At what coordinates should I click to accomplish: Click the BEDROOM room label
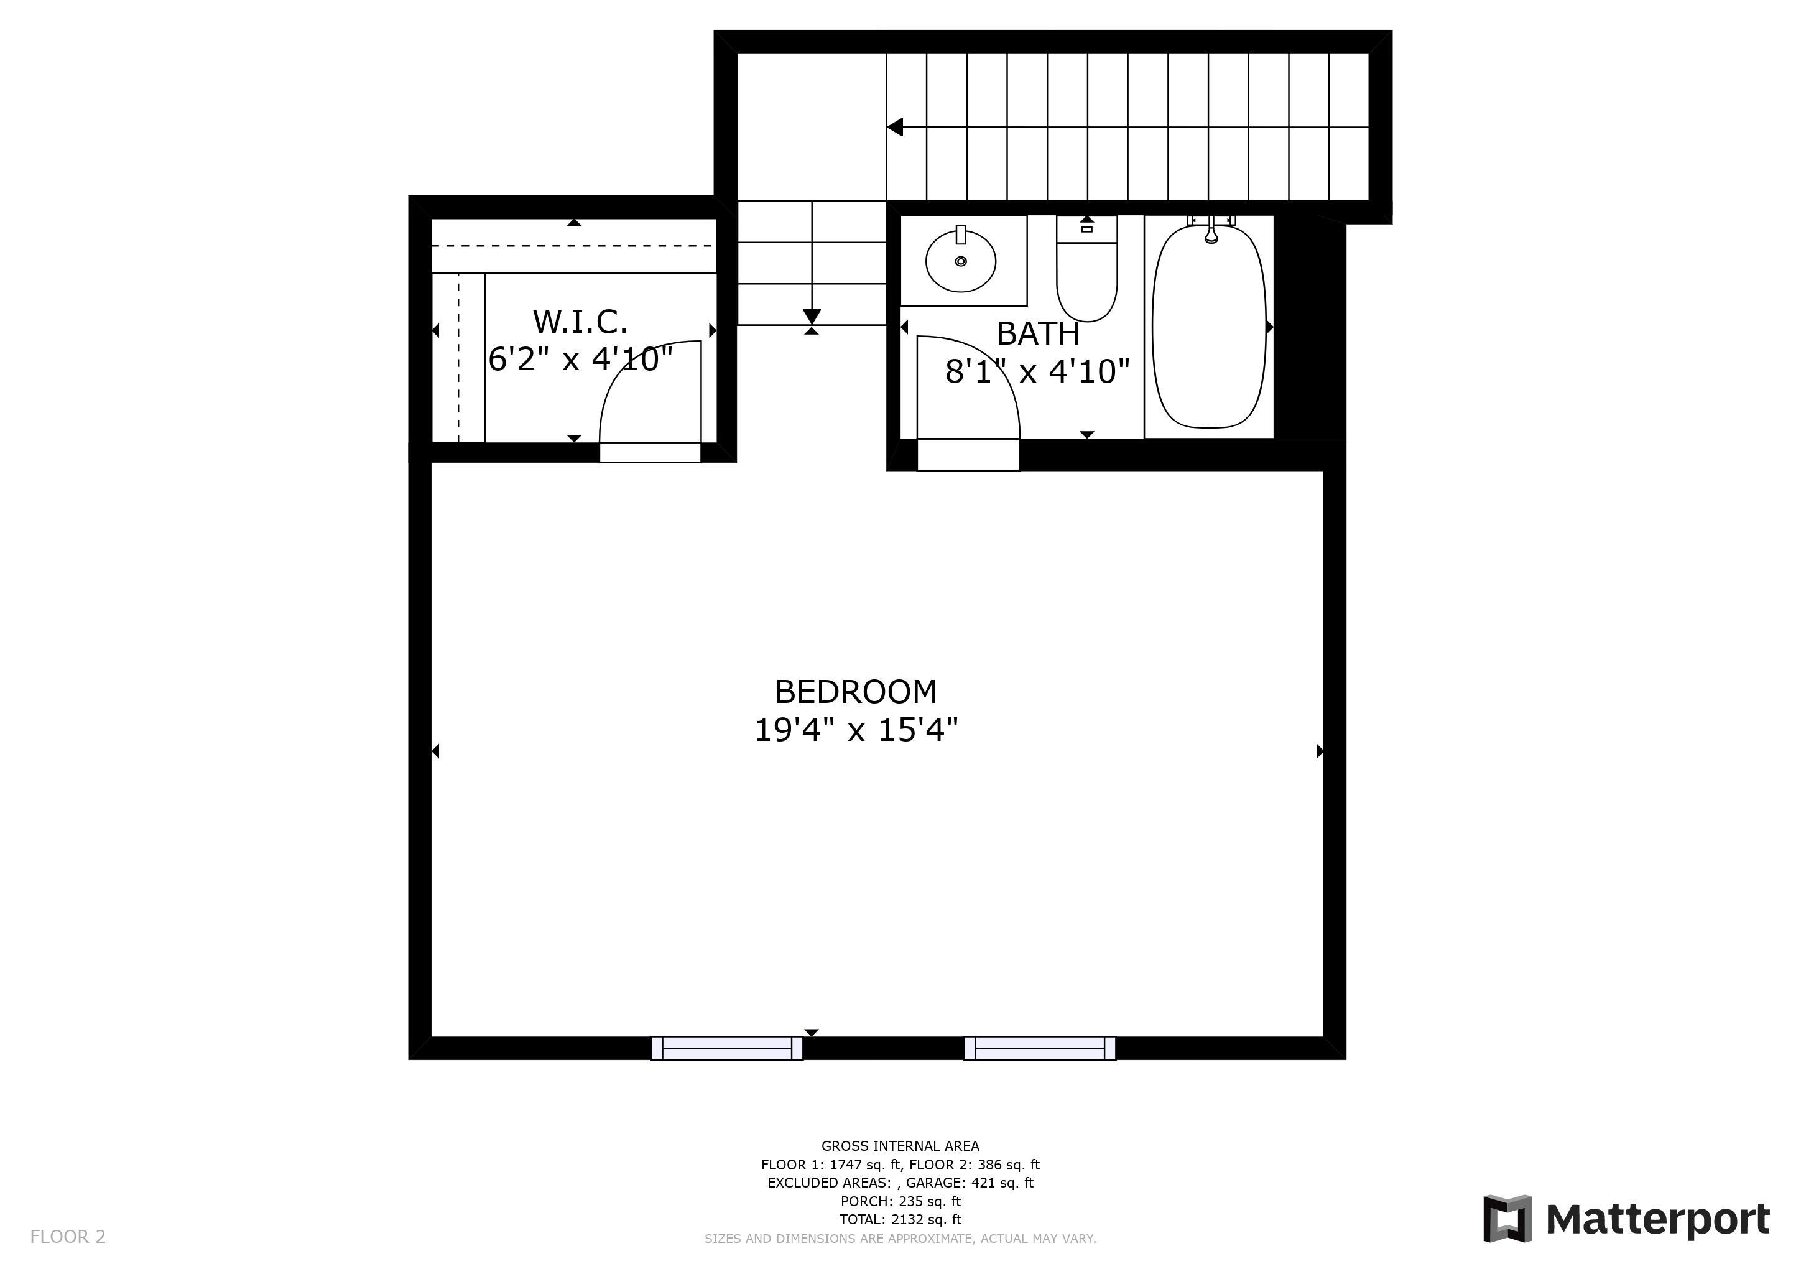point(856,692)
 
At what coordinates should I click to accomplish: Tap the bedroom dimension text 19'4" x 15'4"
point(856,730)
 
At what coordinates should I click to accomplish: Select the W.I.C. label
point(580,322)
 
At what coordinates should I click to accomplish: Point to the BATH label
point(1038,334)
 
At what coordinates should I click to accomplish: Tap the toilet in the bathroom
point(1086,269)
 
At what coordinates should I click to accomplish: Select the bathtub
point(1209,327)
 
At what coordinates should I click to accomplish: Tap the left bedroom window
point(727,1048)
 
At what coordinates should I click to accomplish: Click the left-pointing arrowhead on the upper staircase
point(895,127)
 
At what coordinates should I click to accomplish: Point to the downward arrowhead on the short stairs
point(812,316)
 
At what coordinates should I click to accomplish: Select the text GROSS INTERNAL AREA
point(900,1146)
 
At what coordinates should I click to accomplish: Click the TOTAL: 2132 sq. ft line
point(900,1220)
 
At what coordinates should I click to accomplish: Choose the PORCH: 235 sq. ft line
point(900,1201)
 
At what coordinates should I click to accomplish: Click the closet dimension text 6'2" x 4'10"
point(580,360)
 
